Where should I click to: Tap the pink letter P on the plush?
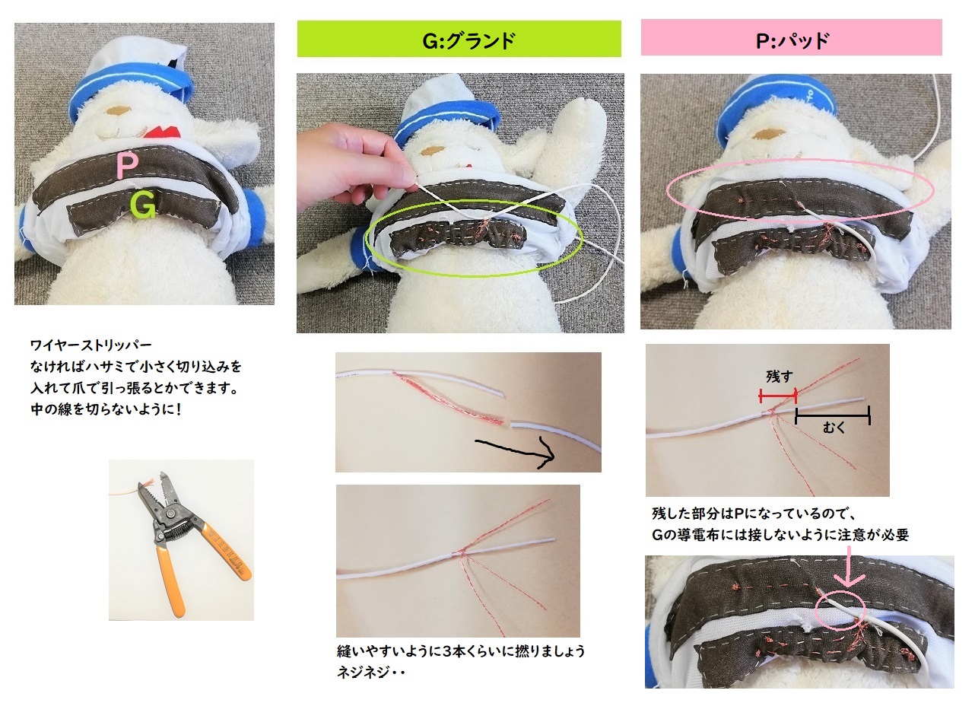click(x=127, y=165)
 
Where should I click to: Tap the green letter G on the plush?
click(x=143, y=203)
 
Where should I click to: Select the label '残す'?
click(x=779, y=376)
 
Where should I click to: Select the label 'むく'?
click(x=834, y=428)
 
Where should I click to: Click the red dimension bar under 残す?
click(x=778, y=396)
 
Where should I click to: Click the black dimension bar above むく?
click(x=832, y=415)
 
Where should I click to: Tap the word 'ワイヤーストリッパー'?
click(x=91, y=345)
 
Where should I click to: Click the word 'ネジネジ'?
click(x=363, y=673)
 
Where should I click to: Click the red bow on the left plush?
click(x=161, y=132)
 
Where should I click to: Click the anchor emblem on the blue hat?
click(x=811, y=93)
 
